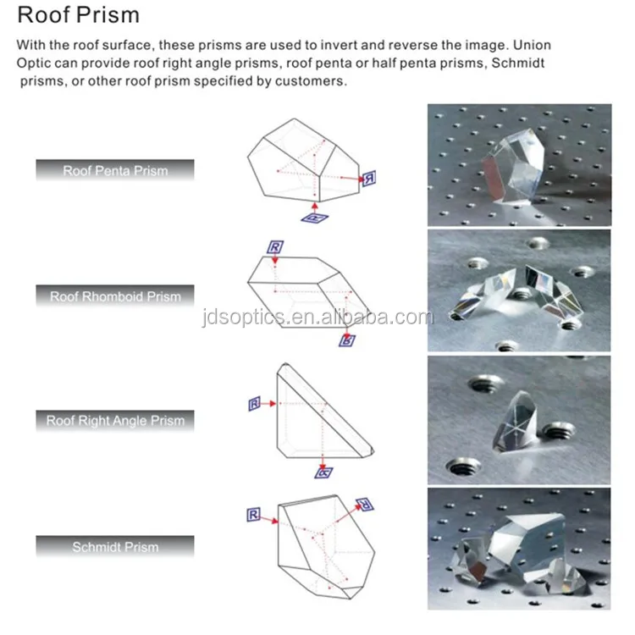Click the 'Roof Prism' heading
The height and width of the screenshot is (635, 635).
(79, 16)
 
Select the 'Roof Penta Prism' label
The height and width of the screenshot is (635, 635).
(115, 171)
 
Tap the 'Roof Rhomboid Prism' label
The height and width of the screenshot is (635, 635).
(115, 296)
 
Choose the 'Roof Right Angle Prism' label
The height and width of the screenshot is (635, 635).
(115, 420)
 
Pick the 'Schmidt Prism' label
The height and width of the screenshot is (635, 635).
(115, 547)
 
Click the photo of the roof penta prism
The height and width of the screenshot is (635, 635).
(519, 165)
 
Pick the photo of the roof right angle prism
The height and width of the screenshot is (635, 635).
(519, 419)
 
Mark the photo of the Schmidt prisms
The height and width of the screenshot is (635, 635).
(519, 548)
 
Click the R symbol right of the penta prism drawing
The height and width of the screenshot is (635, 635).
(369, 178)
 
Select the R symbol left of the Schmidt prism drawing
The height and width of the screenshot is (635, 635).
(252, 514)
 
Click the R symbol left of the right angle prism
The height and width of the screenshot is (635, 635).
(254, 404)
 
